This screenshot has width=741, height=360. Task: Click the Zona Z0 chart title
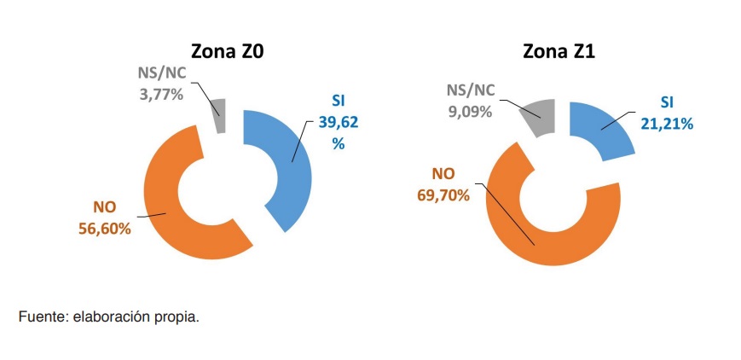[x=226, y=52]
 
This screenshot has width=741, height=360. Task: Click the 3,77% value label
[x=161, y=94]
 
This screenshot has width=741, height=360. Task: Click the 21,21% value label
[x=667, y=123]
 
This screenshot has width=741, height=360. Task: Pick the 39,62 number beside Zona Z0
[x=339, y=122]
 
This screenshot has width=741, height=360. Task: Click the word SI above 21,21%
[x=667, y=102]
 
